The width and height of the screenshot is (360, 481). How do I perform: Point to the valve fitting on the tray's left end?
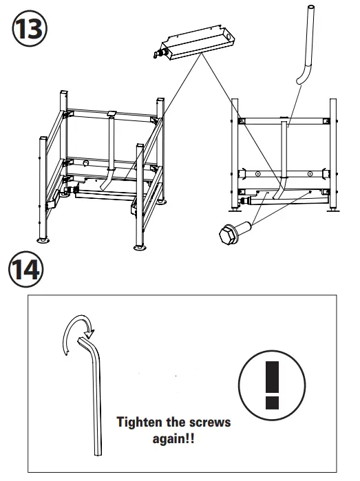[164, 52]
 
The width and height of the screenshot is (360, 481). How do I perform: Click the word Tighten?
[140, 422]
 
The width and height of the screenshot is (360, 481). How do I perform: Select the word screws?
[208, 422]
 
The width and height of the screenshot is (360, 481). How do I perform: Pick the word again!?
[173, 438]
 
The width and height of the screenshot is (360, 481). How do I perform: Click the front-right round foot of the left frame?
[140, 246]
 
